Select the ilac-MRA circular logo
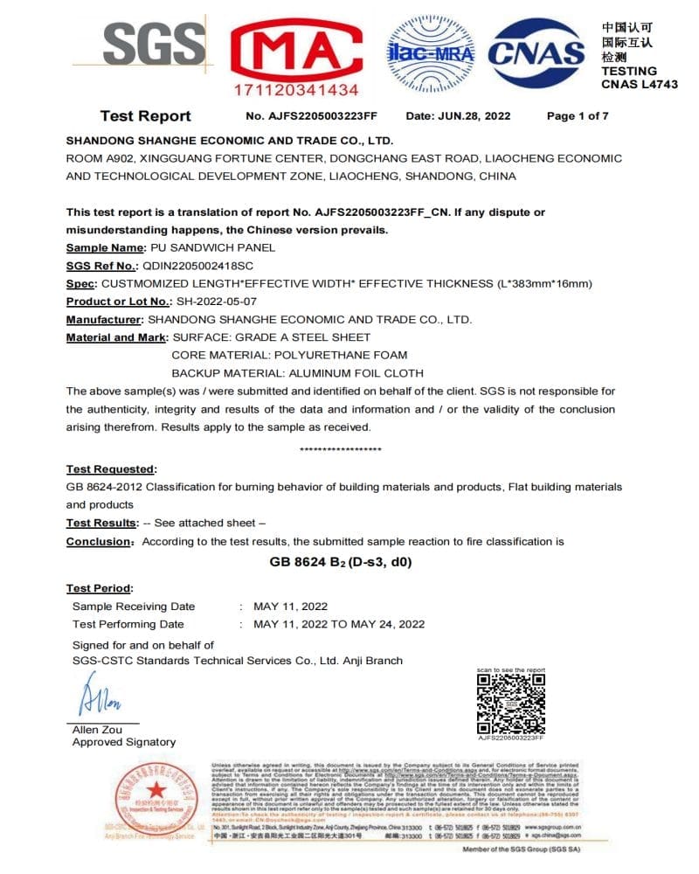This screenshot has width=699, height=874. point(430,52)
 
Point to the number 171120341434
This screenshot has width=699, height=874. point(296,90)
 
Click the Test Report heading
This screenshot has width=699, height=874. point(145,116)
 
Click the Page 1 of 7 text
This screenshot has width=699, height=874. point(578,116)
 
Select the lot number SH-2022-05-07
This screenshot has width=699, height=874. point(218,302)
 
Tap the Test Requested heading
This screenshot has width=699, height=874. point(111,469)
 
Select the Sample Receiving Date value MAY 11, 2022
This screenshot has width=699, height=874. point(290,607)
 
